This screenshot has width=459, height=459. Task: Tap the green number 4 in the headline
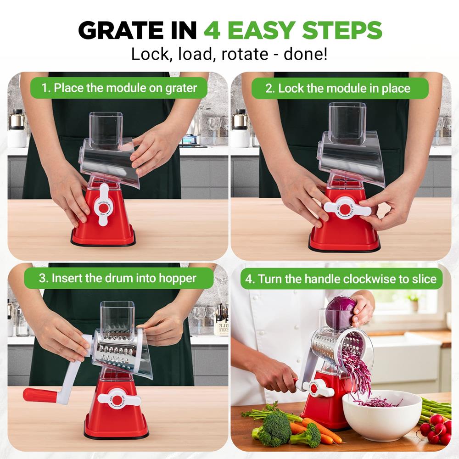coord(213,30)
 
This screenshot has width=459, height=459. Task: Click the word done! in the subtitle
coord(306,54)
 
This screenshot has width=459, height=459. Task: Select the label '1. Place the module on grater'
coord(119,88)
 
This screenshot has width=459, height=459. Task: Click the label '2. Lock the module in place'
coord(340,88)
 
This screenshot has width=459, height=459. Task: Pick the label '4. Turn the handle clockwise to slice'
coord(341,279)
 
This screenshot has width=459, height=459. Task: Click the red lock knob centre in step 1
coord(103,208)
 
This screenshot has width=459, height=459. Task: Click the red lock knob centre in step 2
coord(345,209)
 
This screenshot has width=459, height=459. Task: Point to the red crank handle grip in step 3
coord(40,395)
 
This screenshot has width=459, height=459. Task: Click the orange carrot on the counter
coord(319,428)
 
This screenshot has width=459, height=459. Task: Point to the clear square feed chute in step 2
coord(347,123)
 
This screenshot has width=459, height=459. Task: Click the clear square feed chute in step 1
coord(106,131)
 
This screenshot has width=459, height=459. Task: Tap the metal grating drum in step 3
coord(117,348)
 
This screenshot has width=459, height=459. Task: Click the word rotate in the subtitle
coord(245,54)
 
